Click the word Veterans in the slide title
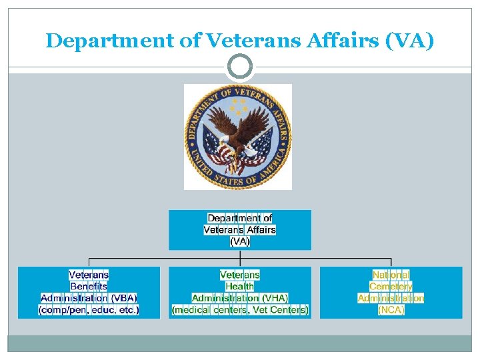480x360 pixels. pyautogui.click(x=238, y=41)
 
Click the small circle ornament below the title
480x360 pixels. pyautogui.click(x=240, y=66)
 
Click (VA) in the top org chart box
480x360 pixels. pyautogui.click(x=240, y=241)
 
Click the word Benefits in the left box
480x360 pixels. pyautogui.click(x=89, y=287)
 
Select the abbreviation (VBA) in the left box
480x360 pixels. pyautogui.click(x=124, y=298)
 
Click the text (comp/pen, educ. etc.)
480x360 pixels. pyautogui.click(x=89, y=310)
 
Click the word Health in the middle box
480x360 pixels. pyautogui.click(x=239, y=287)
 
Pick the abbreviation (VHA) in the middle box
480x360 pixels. pyautogui.click(x=275, y=298)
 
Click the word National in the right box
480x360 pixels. pyautogui.click(x=391, y=275)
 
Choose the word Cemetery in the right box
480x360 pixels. pyautogui.click(x=391, y=287)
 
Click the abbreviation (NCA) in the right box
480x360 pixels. pyautogui.click(x=391, y=310)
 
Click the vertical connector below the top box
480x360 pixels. pyautogui.click(x=240, y=255)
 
